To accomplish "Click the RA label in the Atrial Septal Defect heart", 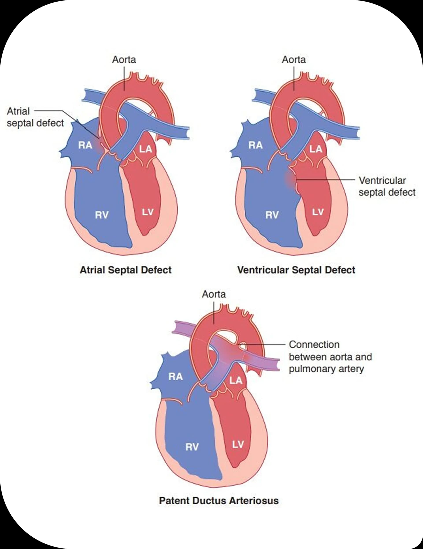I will click(85, 145).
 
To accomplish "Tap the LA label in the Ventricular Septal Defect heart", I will click(316, 149).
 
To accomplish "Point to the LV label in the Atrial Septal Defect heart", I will click(148, 212).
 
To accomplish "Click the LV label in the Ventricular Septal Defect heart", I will click(318, 212).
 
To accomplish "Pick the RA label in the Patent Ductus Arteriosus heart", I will click(176, 376).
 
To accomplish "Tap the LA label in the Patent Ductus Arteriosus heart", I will click(236, 380).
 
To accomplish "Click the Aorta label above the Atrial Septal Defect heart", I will click(124, 60).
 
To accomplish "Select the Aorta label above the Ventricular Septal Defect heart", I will click(294, 60).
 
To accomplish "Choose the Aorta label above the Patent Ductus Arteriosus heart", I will click(214, 294).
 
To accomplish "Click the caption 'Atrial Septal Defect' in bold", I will click(126, 270).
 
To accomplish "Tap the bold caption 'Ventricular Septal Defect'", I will click(296, 270).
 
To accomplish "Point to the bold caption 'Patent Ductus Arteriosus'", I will click(219, 501).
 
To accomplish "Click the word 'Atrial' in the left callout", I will click(18, 111).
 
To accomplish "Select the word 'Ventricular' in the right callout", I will click(382, 181).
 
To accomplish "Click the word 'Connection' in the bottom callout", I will click(314, 345).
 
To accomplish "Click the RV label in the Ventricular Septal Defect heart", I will click(272, 215).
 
